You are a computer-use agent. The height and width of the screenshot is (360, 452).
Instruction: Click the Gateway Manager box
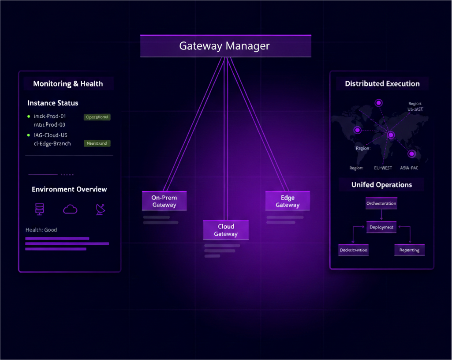click(x=225, y=46)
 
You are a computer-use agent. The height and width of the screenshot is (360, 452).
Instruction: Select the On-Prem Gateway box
click(x=164, y=201)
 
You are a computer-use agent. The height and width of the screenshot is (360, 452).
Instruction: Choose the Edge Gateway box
click(x=288, y=201)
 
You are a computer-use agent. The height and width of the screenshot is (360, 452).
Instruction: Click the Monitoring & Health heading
click(x=68, y=84)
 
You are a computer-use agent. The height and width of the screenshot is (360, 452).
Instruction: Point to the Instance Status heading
click(x=53, y=103)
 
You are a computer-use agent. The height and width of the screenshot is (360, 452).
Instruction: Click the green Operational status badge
click(x=97, y=117)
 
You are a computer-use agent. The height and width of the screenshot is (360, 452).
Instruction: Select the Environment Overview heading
click(x=69, y=189)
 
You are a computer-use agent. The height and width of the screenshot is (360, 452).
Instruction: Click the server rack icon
click(x=40, y=209)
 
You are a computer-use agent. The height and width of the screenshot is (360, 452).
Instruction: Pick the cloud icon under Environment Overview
click(x=70, y=209)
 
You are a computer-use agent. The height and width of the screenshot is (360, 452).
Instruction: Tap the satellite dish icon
click(x=101, y=209)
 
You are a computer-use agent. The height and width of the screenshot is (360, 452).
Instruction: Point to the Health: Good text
click(x=41, y=230)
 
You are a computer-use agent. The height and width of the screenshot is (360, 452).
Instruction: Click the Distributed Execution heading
click(x=382, y=84)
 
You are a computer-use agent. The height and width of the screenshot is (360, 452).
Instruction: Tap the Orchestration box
click(x=381, y=203)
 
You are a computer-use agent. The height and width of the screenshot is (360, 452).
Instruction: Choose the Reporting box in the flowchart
click(x=409, y=250)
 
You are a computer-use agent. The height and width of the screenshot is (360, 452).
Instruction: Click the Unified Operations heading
click(x=381, y=185)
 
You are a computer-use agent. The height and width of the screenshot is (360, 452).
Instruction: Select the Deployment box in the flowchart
click(x=381, y=227)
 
